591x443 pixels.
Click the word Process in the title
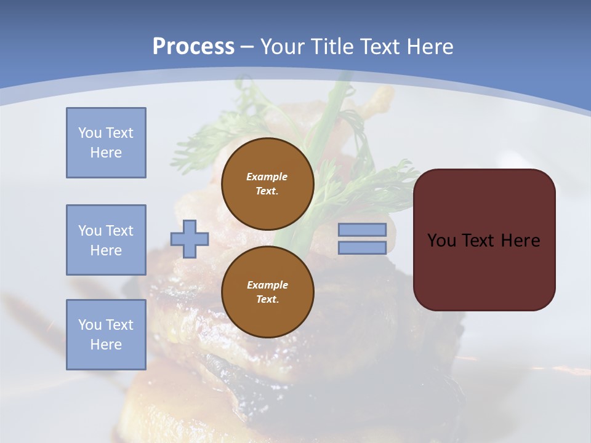pos(193,46)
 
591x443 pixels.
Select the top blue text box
pos(106,143)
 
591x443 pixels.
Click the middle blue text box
pos(106,240)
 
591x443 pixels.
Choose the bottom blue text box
pos(106,335)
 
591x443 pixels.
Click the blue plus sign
pos(190,239)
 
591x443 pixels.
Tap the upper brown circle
pos(267,184)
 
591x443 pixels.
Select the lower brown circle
pos(267,292)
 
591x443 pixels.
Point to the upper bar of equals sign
pos(362,230)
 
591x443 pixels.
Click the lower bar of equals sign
pos(362,248)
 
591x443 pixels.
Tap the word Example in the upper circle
pos(267,177)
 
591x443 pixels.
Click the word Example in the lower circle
pos(267,285)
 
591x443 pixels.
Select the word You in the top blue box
pos(89,133)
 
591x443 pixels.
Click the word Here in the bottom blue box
pos(106,345)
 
